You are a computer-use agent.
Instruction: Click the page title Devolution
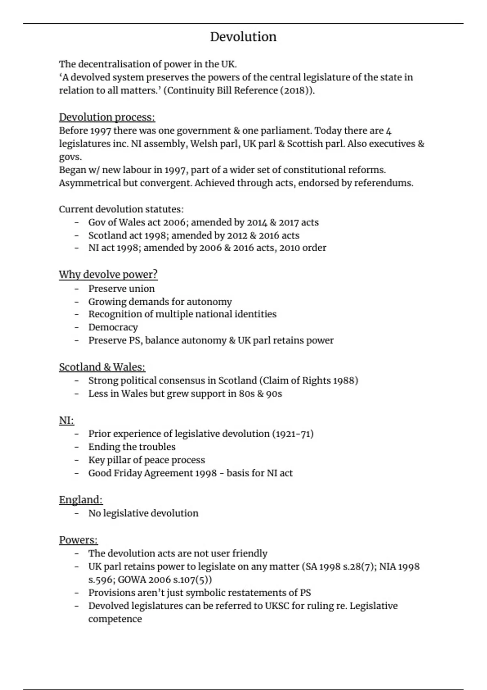pyautogui.click(x=243, y=37)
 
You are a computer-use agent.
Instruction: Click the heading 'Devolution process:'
pyautogui.click(x=107, y=117)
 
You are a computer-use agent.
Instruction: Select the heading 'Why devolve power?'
pyautogui.click(x=108, y=275)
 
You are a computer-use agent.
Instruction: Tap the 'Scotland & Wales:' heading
pyautogui.click(x=102, y=367)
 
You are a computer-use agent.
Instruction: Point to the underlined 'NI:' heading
pyautogui.click(x=67, y=420)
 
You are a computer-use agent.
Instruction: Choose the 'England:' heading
pyautogui.click(x=81, y=500)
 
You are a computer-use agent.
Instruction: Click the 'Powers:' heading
pyautogui.click(x=78, y=540)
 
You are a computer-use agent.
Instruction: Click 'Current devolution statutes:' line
pyautogui.click(x=121, y=209)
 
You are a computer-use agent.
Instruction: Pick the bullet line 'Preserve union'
pyautogui.click(x=121, y=289)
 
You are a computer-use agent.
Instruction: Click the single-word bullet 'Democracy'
pyautogui.click(x=113, y=328)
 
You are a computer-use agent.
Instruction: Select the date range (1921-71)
pyautogui.click(x=293, y=434)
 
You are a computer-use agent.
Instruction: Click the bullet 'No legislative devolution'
pyautogui.click(x=143, y=513)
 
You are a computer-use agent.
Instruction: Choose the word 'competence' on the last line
pyautogui.click(x=115, y=619)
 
